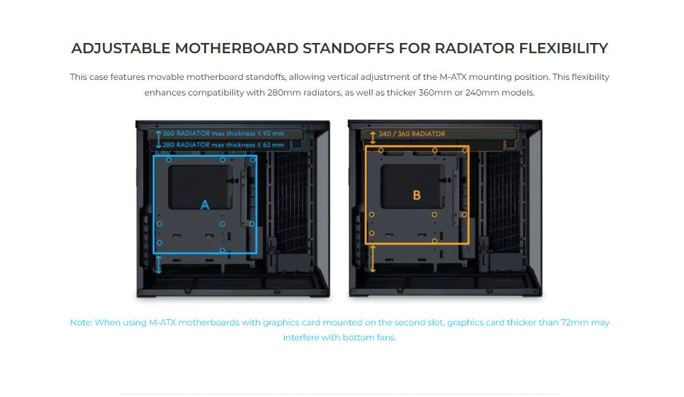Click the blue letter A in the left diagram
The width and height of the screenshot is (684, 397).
(x=205, y=205)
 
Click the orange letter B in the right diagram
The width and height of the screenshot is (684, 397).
(x=416, y=195)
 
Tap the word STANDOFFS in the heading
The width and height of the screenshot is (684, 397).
(x=349, y=48)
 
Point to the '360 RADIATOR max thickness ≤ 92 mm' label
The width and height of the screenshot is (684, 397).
(x=223, y=134)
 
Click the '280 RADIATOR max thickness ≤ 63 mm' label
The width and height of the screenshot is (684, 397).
(x=223, y=145)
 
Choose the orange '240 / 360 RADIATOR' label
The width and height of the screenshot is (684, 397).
(x=412, y=134)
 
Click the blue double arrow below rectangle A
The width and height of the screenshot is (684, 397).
(x=158, y=265)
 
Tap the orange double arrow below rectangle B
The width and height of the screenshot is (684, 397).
(x=373, y=259)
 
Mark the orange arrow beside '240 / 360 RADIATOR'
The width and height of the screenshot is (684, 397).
(x=373, y=138)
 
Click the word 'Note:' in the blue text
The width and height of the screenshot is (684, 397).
(x=81, y=323)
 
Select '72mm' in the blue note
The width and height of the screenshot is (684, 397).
(x=575, y=323)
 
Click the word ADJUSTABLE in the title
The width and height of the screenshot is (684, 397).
(x=121, y=48)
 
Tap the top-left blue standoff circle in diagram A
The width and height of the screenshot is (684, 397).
(x=169, y=160)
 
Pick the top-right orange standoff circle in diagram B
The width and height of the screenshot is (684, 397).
(x=465, y=150)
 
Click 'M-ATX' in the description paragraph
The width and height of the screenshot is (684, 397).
(x=453, y=77)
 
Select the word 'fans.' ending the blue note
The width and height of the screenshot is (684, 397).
(x=386, y=338)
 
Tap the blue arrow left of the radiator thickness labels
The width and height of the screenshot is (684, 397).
(x=158, y=139)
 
